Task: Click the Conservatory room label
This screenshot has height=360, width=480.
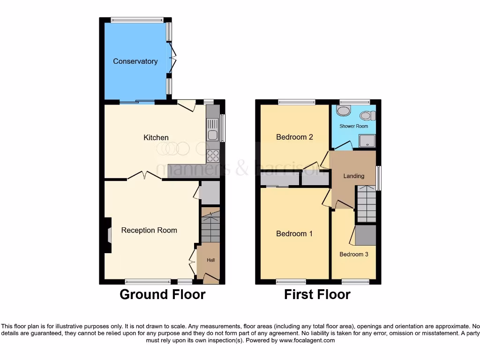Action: coord(135,61)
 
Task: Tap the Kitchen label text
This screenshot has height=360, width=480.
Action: coord(156,137)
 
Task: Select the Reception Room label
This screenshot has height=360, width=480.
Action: coord(149,230)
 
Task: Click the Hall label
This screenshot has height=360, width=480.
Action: coord(211,260)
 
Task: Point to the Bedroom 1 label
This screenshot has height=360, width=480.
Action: coord(294,233)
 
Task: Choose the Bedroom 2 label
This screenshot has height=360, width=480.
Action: coord(294,137)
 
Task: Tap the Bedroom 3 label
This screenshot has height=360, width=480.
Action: coord(353,254)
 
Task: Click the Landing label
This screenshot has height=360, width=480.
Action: coord(353,176)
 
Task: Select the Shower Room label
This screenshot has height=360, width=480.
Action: coord(354,126)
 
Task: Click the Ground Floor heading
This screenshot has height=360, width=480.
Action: coord(162,294)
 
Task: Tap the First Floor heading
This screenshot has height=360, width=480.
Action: coord(317,294)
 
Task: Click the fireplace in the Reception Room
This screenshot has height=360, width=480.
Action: coord(109,235)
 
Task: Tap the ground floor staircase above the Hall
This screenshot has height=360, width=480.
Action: coord(210,225)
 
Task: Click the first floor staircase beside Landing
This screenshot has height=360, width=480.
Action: coord(366,203)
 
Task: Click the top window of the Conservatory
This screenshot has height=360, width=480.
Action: coord(137,20)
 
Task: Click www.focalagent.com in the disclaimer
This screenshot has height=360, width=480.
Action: coord(307,340)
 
